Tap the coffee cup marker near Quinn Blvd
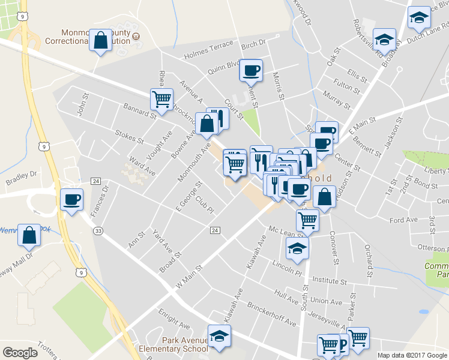pos(250,70)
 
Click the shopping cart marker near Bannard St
pos(161,99)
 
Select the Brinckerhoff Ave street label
pos(272,314)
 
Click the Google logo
pos(20,352)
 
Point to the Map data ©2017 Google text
pos(412,355)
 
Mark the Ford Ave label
pos(403,220)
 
